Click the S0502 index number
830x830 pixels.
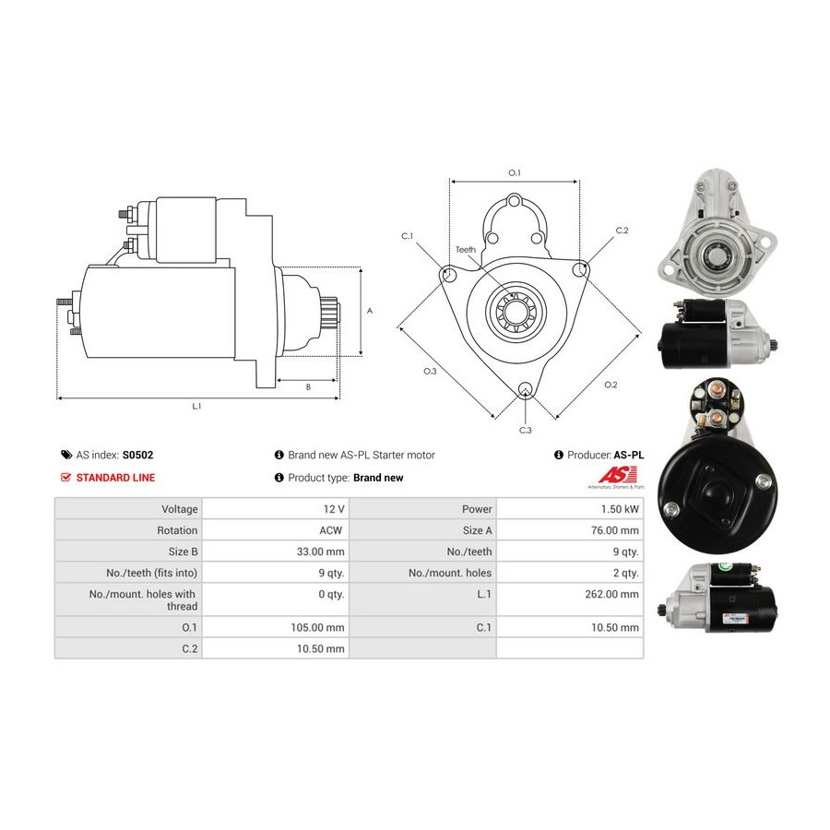click(x=137, y=455)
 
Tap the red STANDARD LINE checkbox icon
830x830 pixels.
click(x=65, y=478)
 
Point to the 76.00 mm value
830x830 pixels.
click(x=615, y=530)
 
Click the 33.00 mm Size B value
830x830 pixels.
click(x=320, y=551)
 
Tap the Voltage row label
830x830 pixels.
click(x=180, y=509)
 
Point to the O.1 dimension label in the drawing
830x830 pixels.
click(x=515, y=172)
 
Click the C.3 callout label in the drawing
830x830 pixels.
click(x=525, y=431)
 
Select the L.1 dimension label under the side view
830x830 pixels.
click(x=196, y=406)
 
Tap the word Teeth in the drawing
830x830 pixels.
click(x=466, y=249)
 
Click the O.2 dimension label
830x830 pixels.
click(x=611, y=385)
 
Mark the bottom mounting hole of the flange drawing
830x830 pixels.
click(x=525, y=389)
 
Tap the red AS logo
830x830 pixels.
click(x=617, y=475)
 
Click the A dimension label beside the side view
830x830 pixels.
click(x=370, y=311)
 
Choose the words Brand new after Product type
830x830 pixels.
click(x=378, y=478)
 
